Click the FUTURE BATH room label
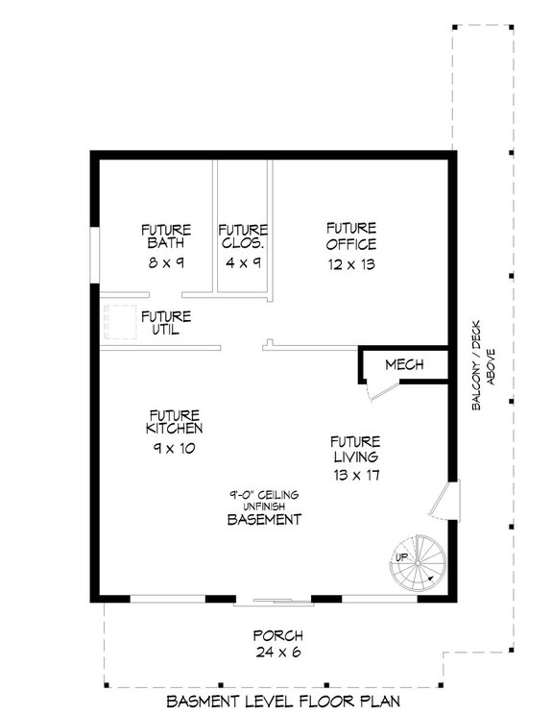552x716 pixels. (x=166, y=236)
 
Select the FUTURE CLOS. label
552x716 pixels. (x=242, y=236)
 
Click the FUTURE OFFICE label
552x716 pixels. (x=349, y=235)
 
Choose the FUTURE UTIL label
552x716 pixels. (x=166, y=323)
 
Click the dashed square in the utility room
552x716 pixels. (x=119, y=322)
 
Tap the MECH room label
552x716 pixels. (x=404, y=365)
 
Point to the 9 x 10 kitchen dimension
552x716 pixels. (x=174, y=448)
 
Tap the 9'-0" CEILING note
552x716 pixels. (x=264, y=494)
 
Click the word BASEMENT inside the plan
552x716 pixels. (x=264, y=519)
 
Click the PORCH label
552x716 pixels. (x=277, y=636)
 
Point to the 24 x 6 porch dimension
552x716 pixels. (x=277, y=654)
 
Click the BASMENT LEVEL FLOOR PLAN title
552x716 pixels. (x=278, y=701)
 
